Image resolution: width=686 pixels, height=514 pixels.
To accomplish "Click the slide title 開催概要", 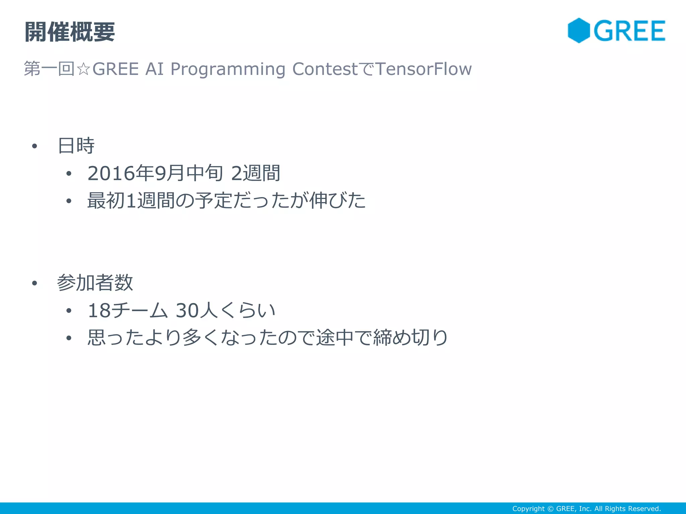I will [x=70, y=32].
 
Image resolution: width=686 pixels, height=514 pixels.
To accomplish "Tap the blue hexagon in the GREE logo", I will [x=578, y=30].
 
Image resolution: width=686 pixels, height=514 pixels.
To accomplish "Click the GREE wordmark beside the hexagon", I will [x=630, y=31].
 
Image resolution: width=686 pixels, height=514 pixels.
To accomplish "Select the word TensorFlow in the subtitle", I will [x=424, y=69].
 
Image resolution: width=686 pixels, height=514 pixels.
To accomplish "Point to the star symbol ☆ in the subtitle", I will [x=83, y=69].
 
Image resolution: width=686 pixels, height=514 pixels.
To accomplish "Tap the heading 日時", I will [x=76, y=146].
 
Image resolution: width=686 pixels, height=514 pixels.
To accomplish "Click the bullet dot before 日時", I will [x=34, y=146].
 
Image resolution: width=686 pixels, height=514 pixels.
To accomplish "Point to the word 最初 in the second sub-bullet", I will [x=106, y=200].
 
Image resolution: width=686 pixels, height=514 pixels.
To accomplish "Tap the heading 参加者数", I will [x=95, y=283].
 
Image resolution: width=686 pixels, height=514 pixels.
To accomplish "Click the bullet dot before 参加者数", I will [x=34, y=283].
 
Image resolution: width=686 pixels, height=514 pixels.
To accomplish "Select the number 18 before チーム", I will [x=99, y=311].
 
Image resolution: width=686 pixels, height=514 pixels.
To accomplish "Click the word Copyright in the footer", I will [x=528, y=509].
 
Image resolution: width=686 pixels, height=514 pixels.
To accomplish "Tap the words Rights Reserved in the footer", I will [x=633, y=509].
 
